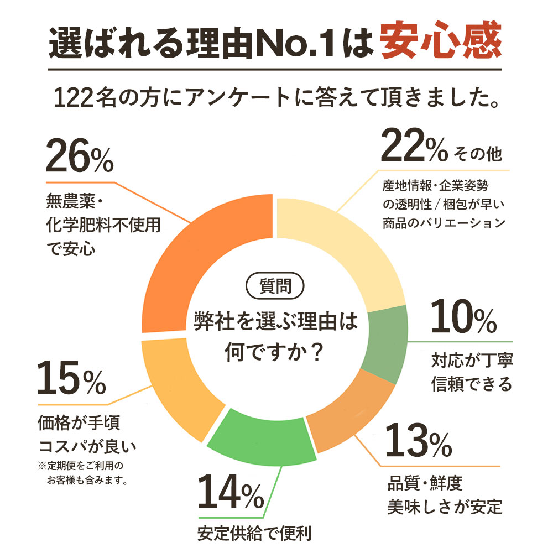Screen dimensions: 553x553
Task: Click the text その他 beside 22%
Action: pyautogui.click(x=477, y=154)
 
